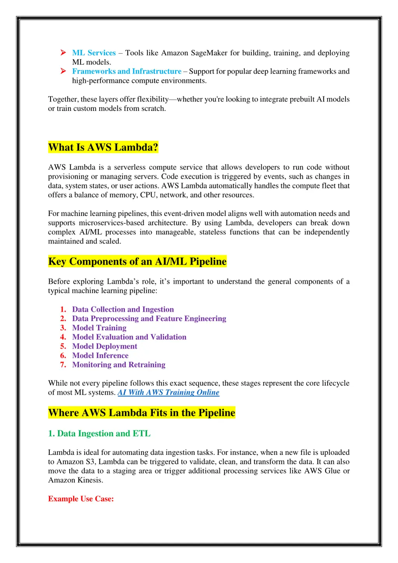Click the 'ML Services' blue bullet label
[94, 53]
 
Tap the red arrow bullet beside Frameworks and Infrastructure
[63, 71]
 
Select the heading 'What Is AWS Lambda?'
[103, 147]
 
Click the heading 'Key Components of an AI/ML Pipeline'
[137, 262]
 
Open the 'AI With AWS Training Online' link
[168, 393]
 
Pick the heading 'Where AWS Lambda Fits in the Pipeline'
[141, 413]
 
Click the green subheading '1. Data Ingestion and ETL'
[99, 434]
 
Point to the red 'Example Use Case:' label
[81, 499]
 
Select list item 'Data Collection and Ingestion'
[123, 309]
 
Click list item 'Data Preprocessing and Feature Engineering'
[149, 319]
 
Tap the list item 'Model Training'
[99, 328]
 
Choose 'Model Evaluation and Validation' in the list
[129, 337]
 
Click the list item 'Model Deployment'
[105, 346]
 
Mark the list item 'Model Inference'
[100, 356]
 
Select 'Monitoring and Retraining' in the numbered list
[119, 365]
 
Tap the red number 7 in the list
[63, 365]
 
